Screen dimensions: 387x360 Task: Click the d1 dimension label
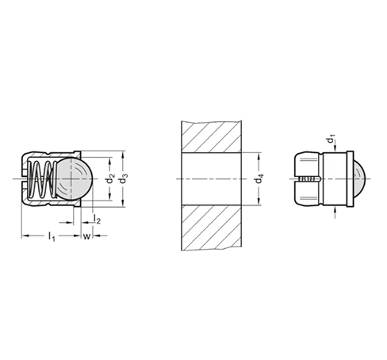coord(331,139)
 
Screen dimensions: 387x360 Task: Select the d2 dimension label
coord(110,178)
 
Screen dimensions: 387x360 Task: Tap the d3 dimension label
coord(124,178)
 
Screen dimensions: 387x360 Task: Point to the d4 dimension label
coord(259,178)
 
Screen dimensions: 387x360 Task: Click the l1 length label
coord(52,236)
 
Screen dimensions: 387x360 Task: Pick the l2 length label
coord(97,219)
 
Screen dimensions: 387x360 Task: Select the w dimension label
coord(86,236)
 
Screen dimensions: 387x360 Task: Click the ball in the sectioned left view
coord(75,178)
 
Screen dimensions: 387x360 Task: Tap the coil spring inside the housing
coord(43,178)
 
